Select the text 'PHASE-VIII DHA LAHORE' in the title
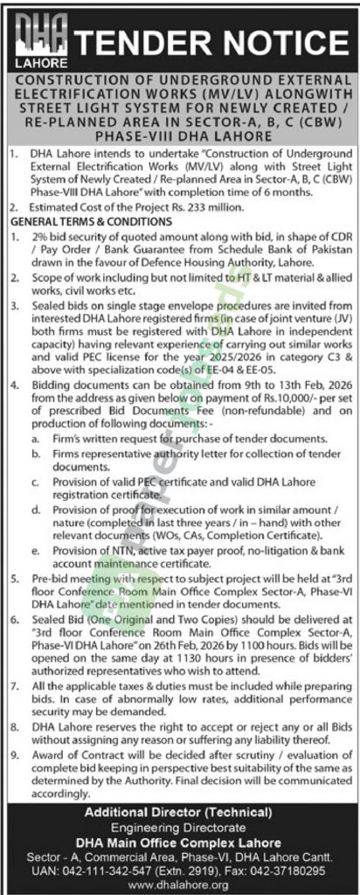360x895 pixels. [x=179, y=136]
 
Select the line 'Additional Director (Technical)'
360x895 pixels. [x=179, y=813]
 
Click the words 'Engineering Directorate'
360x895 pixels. [x=179, y=828]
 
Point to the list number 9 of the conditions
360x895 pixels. [x=12, y=751]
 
